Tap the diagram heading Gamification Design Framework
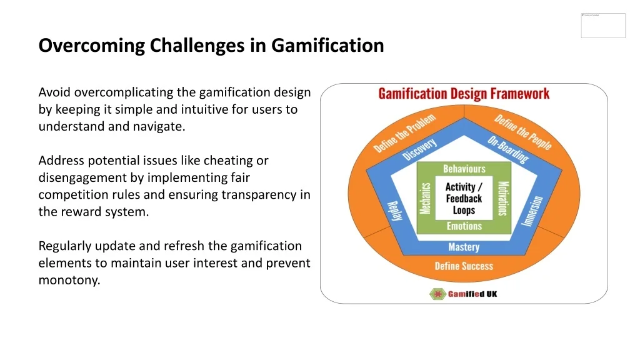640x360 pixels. (464, 94)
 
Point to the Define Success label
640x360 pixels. (464, 266)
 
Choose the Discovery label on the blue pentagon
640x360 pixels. (420, 149)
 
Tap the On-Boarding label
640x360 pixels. (507, 149)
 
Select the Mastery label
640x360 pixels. (464, 247)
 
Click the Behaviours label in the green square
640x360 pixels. (464, 169)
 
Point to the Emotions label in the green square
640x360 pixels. (464, 226)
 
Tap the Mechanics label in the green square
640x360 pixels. (426, 198)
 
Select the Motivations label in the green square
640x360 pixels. (502, 198)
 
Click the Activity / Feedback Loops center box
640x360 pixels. (464, 198)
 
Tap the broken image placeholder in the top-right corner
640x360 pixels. (602, 25)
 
